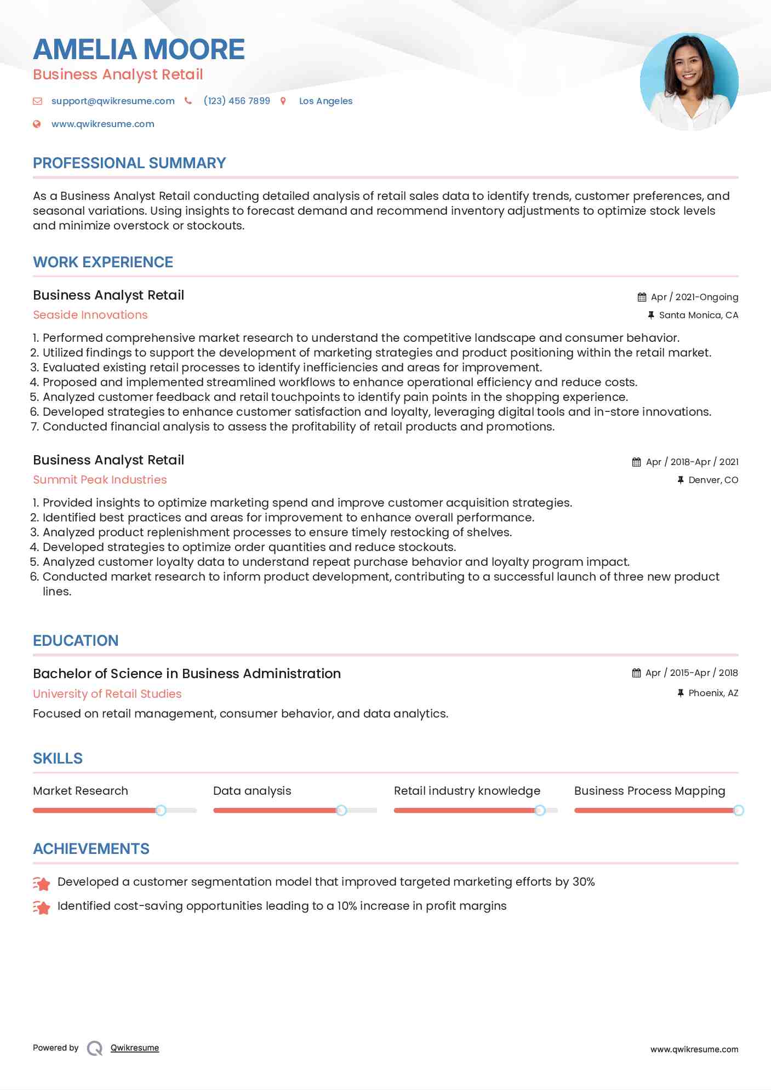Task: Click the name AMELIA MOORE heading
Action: [139, 49]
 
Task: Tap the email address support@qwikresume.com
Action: [113, 101]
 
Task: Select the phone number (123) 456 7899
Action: [237, 101]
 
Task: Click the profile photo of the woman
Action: [689, 82]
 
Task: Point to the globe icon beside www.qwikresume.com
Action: [37, 124]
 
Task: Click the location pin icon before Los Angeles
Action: [283, 101]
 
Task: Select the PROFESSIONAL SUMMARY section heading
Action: [129, 163]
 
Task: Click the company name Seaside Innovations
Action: [90, 315]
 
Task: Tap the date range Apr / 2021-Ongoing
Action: [694, 297]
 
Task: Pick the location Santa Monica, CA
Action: [698, 315]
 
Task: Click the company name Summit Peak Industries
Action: [100, 480]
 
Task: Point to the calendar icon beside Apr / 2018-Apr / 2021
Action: [636, 462]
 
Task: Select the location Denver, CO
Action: [713, 480]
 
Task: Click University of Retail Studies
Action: [107, 694]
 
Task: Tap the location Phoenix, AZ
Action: [713, 693]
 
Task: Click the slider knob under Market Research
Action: [161, 810]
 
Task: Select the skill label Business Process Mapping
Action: [649, 791]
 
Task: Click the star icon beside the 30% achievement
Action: [42, 883]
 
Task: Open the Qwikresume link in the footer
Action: [135, 1048]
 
